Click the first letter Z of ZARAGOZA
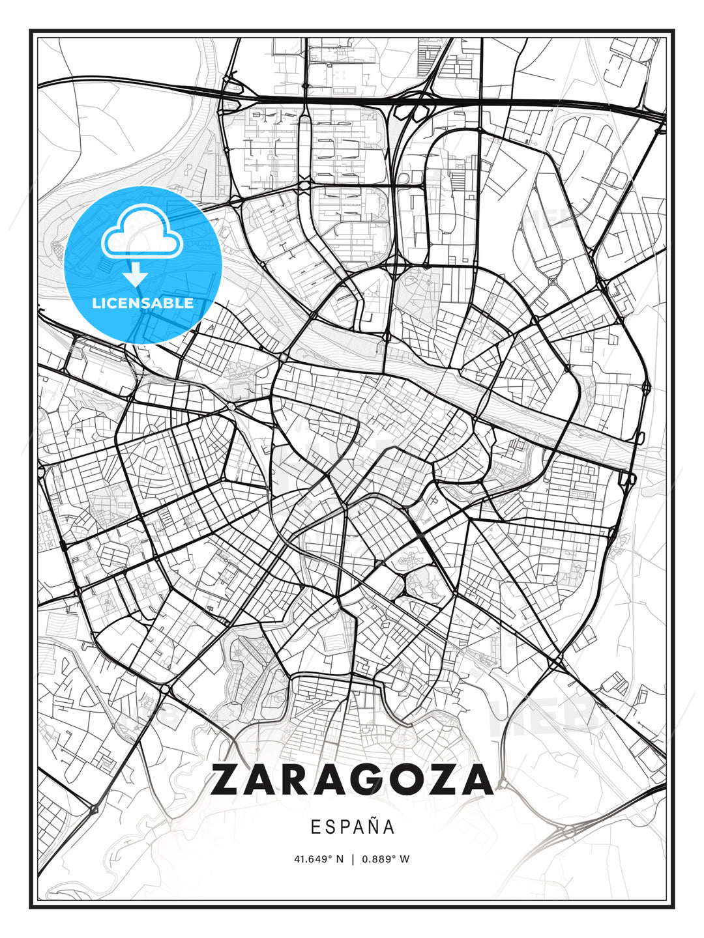228,780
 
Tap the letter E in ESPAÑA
315,827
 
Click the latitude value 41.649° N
318,859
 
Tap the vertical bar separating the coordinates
352,859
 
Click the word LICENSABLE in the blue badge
143,303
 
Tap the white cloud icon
141,231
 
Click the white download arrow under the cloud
136,274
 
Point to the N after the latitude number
340,859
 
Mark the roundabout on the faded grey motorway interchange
570,832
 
